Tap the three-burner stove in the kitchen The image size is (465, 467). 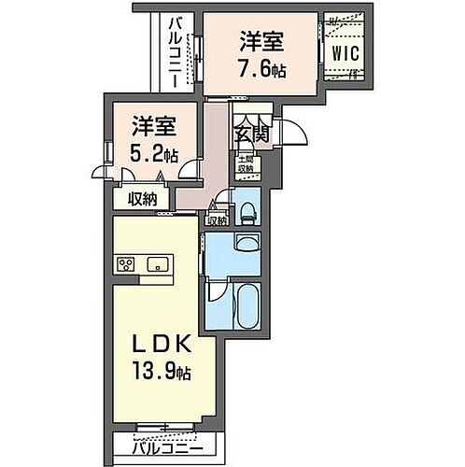pyautogui.click(x=126, y=265)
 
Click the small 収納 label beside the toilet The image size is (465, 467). pyautogui.click(x=217, y=220)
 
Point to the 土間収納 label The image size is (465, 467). pyautogui.click(x=245, y=165)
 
